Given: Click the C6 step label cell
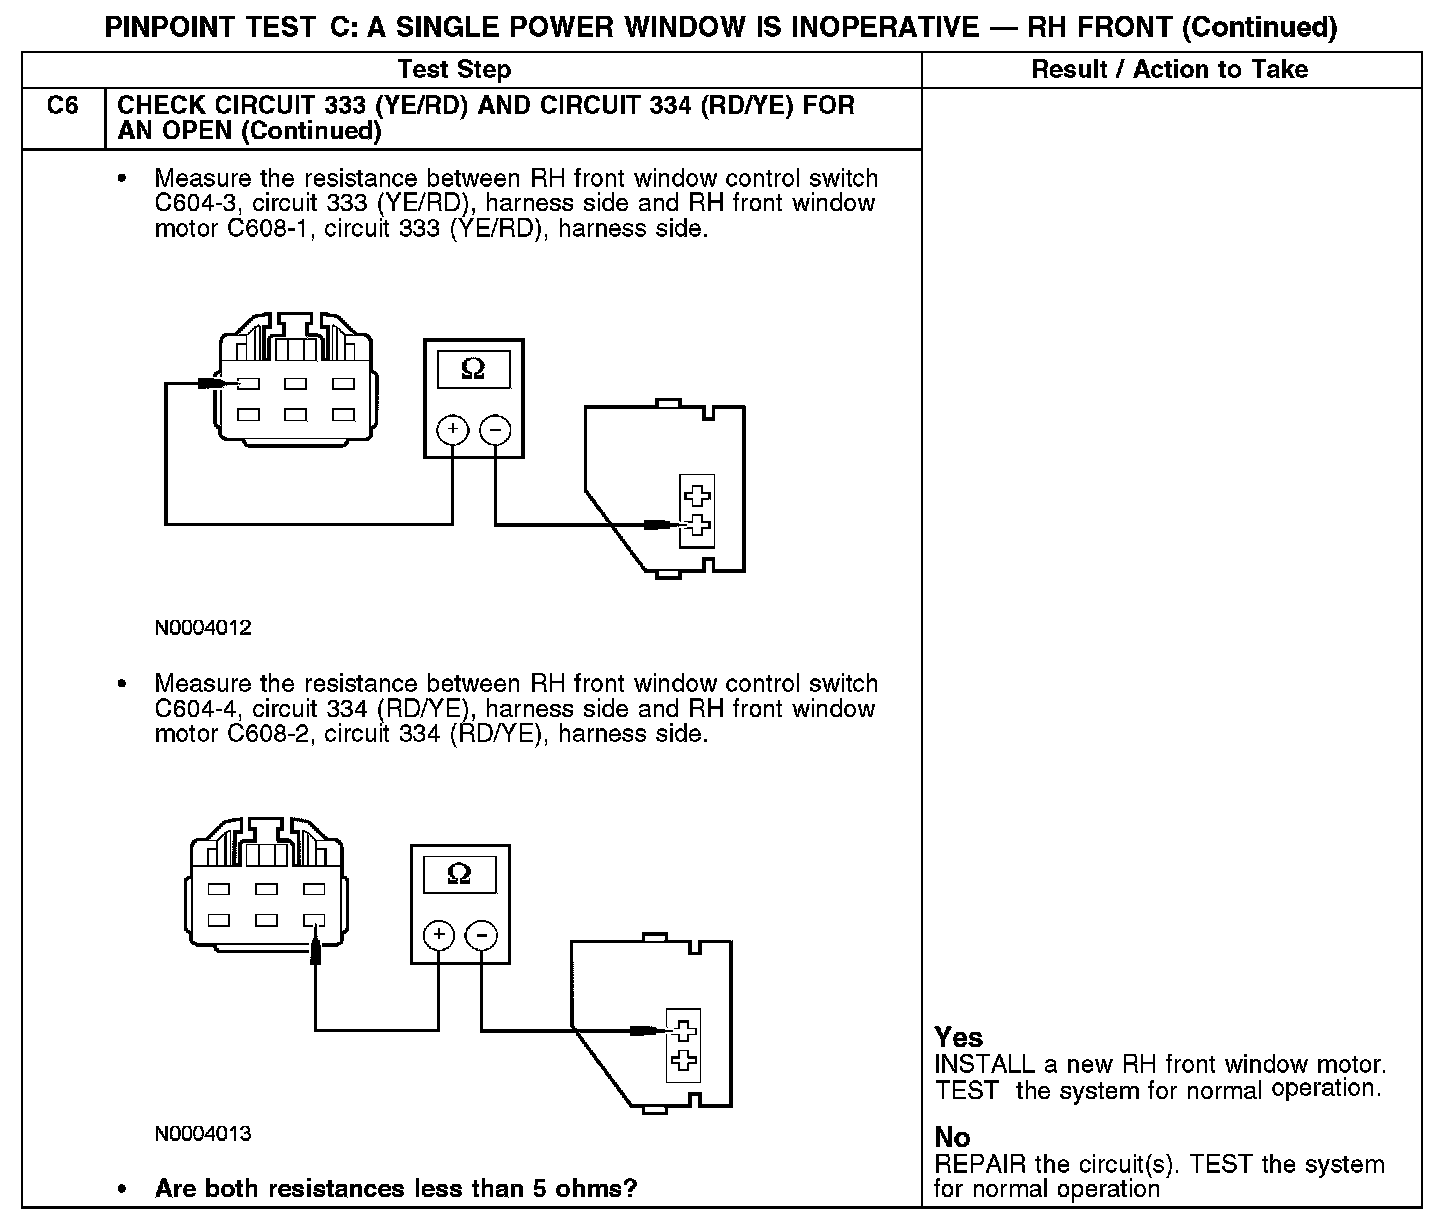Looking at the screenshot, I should (62, 106).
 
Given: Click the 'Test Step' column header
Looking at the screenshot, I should (454, 69).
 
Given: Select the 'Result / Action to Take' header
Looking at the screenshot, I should (1169, 69).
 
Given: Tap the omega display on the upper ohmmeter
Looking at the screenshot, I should (473, 369).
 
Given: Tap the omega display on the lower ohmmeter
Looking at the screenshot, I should (459, 874).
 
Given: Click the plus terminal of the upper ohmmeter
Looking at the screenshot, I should (453, 430).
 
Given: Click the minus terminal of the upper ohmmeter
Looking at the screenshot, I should (495, 430).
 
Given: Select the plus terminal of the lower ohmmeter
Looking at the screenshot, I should (438, 935).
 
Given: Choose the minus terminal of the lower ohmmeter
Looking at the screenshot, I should (481, 935).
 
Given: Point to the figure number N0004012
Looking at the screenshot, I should (203, 629).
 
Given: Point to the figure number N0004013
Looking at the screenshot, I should (203, 1134).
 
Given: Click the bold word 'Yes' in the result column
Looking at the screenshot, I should (958, 1037).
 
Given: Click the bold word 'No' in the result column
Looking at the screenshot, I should (952, 1137).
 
